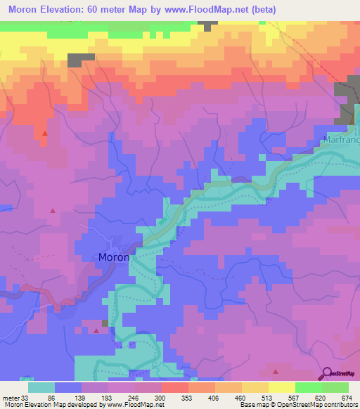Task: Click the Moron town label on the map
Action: pyautogui.click(x=113, y=257)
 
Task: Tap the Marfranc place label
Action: pyautogui.click(x=342, y=141)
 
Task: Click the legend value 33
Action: pyautogui.click(x=28, y=398)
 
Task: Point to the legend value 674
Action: pyautogui.click(x=347, y=398)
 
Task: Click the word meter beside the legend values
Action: pyautogui.click(x=11, y=398)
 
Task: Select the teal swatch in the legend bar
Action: pyautogui.click(x=41, y=387)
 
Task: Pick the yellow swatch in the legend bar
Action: pyautogui.click(x=281, y=387)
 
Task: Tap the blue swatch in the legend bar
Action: pyautogui.click(x=68, y=387)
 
